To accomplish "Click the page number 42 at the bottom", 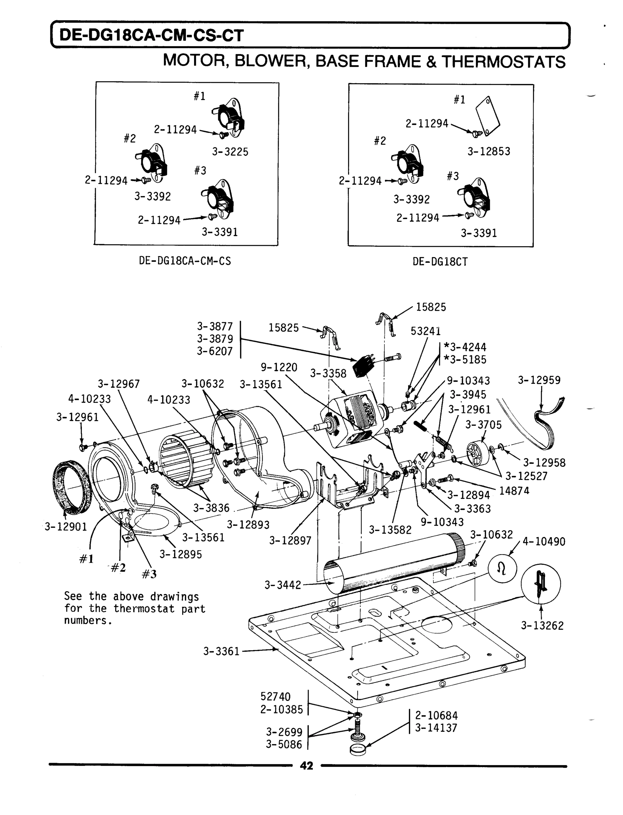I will pyautogui.click(x=306, y=765).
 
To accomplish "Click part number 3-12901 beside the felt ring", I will pyautogui.click(x=66, y=526).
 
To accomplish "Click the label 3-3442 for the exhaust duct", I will pyautogui.click(x=282, y=585).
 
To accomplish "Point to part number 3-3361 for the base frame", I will pyautogui.click(x=221, y=651).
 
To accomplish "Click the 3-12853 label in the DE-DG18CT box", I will pyautogui.click(x=488, y=151).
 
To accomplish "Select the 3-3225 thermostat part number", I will pyautogui.click(x=230, y=152).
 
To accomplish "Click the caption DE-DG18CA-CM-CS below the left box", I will pyautogui.click(x=185, y=261).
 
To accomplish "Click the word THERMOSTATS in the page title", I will pyautogui.click(x=503, y=61).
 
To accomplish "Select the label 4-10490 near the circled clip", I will pyautogui.click(x=544, y=542).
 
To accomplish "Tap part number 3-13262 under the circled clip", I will pyautogui.click(x=542, y=626).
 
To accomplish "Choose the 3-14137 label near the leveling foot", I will pyautogui.click(x=436, y=728).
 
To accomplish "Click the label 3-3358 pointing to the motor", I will pyautogui.click(x=328, y=373).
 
